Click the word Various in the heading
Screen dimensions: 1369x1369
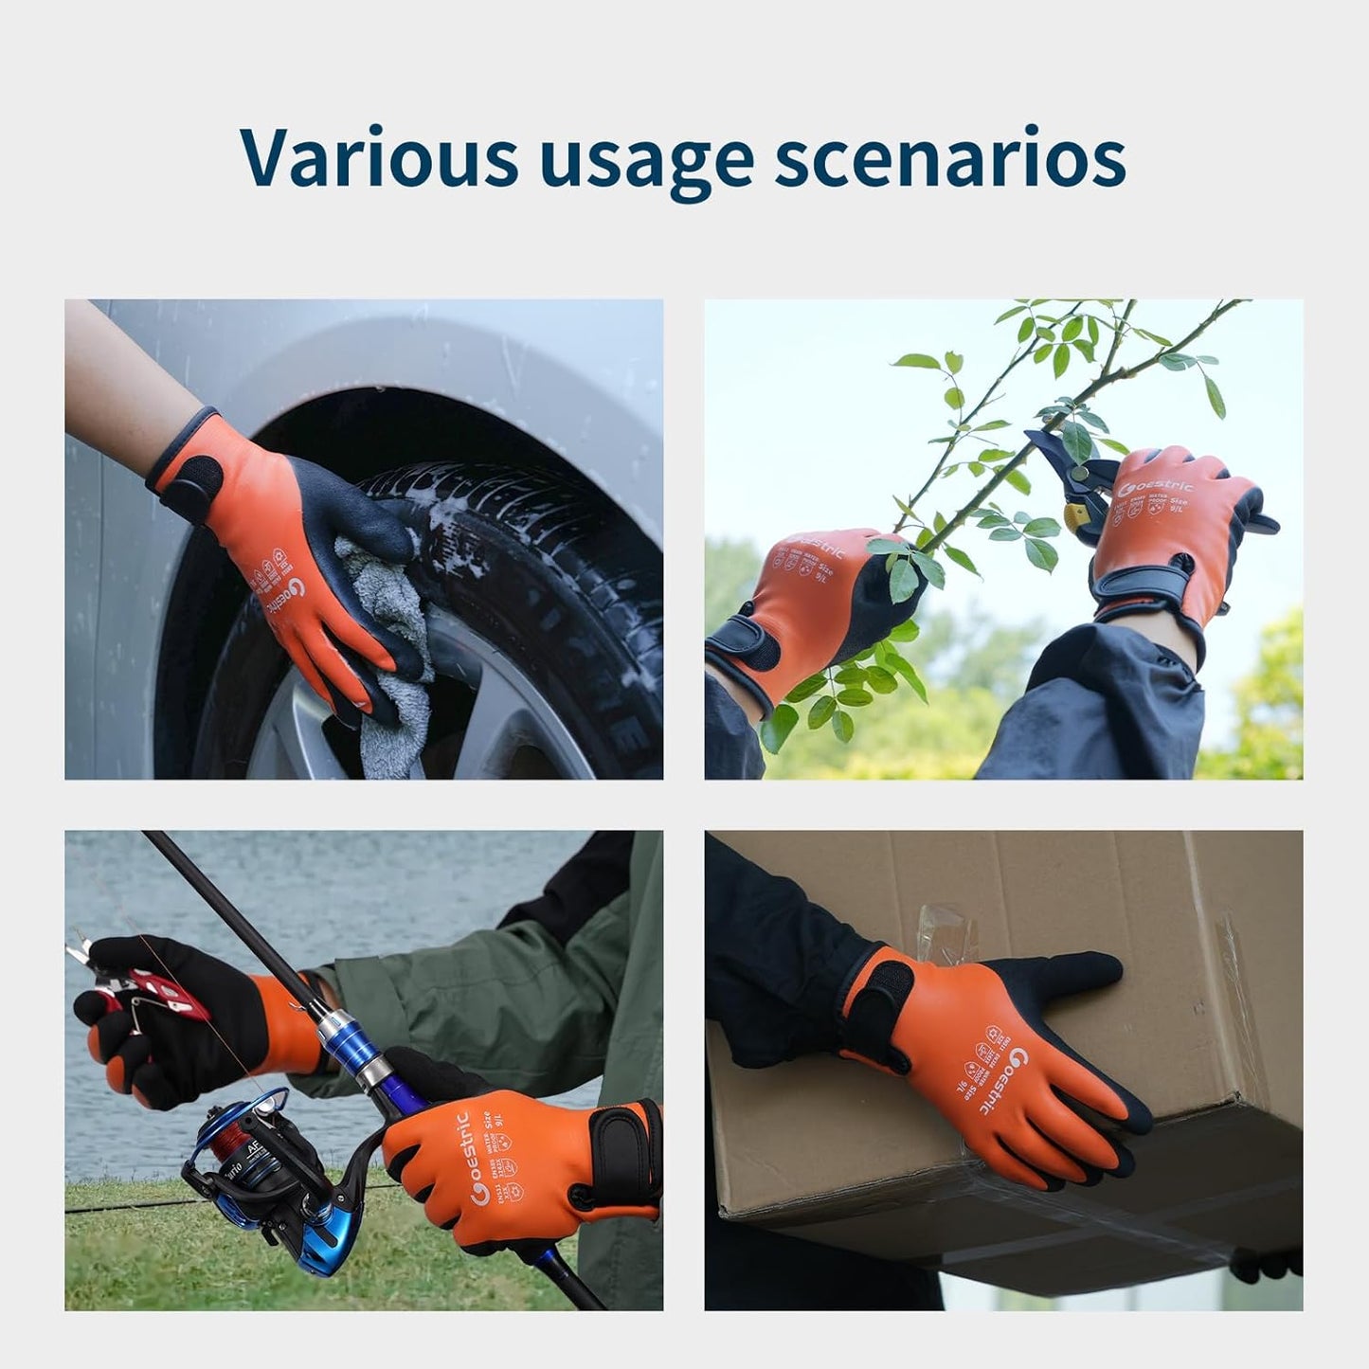pos(379,155)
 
